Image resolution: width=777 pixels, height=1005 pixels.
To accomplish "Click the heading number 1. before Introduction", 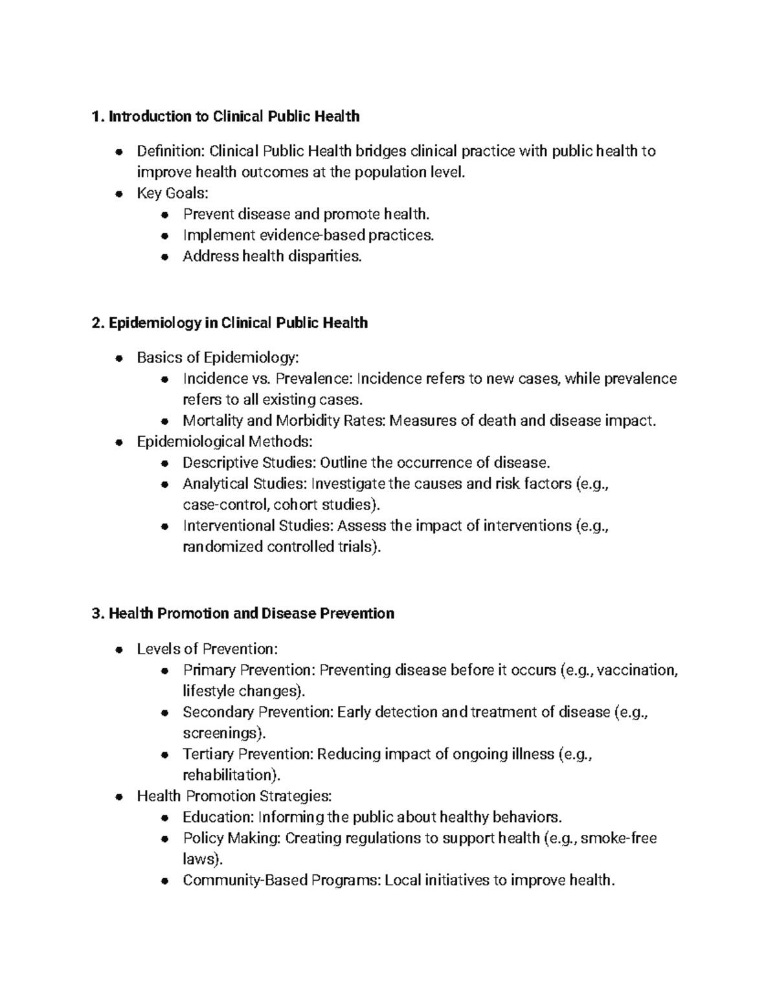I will (x=98, y=116).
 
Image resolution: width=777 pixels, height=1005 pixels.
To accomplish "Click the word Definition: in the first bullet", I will (x=170, y=151).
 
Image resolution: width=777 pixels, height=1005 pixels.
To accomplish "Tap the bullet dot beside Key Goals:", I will (x=118, y=193).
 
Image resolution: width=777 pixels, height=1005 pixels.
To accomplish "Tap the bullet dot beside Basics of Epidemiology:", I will (x=118, y=358).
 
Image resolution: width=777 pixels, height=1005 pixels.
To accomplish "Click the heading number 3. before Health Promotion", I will (x=98, y=613).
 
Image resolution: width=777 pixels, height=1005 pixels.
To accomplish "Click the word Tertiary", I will (x=208, y=754).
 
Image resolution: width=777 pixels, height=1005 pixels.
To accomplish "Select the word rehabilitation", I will (x=232, y=775).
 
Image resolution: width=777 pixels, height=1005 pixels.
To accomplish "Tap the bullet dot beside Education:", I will (x=165, y=817).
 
